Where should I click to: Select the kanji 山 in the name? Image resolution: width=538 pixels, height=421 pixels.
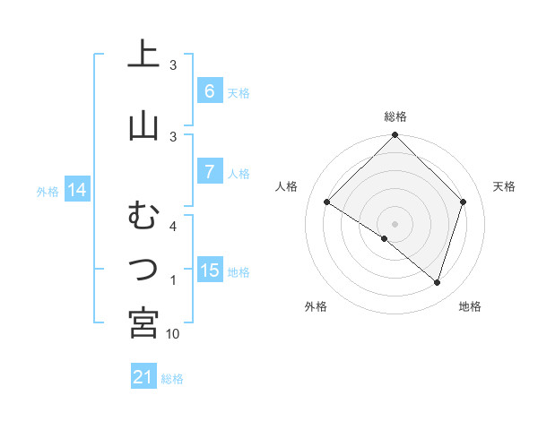[x=143, y=126]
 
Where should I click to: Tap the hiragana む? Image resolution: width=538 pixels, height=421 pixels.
[x=143, y=217]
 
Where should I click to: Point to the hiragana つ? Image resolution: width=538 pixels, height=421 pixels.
[x=143, y=268]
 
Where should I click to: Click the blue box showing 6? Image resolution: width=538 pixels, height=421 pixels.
[x=209, y=91]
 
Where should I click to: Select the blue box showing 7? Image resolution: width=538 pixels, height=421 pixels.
[x=209, y=172]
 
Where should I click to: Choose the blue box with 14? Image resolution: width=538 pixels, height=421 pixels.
[x=77, y=190]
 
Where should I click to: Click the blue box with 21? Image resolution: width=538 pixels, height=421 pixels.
[x=143, y=378]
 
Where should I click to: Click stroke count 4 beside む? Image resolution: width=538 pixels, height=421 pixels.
[x=173, y=227]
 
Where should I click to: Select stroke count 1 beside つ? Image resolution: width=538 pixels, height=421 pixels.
[x=173, y=281]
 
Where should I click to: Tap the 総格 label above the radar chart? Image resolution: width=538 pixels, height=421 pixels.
[x=395, y=116]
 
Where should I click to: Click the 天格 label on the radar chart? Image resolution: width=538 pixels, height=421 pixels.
[x=504, y=186]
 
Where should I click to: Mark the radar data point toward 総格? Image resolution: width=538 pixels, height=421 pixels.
[x=395, y=136]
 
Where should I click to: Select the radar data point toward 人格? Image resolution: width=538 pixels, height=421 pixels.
[x=327, y=202]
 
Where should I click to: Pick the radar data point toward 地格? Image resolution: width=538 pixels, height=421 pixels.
[x=437, y=282]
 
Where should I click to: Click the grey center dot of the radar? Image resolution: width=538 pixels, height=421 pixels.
[x=395, y=223]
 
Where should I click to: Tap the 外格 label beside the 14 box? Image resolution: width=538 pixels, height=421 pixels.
[x=47, y=191]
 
